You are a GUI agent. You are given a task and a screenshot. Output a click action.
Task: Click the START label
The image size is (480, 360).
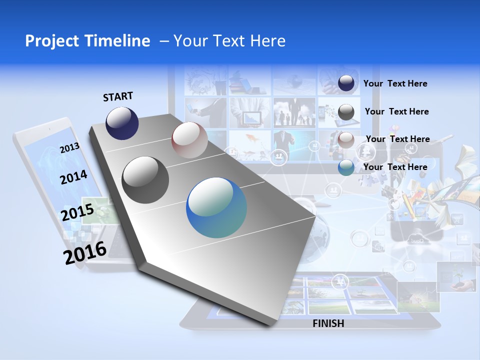click(118, 96)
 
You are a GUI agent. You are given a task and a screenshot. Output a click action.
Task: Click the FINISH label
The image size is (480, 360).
click(328, 323)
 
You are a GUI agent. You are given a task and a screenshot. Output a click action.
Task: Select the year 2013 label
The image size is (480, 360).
click(69, 147)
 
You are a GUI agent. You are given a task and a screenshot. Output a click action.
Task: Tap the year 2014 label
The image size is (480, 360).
click(73, 177)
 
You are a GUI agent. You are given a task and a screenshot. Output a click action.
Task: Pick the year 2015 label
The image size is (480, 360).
click(77, 212)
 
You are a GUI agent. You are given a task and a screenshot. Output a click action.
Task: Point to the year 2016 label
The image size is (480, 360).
click(85, 252)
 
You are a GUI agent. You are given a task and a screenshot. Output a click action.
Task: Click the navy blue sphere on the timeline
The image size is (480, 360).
click(122, 123)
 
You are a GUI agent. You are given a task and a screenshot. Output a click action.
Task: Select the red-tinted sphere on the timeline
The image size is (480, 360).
click(189, 140)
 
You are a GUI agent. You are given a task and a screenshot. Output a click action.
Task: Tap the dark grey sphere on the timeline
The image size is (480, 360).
click(145, 180)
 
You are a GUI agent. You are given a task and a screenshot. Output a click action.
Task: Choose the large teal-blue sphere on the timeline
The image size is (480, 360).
click(216, 207)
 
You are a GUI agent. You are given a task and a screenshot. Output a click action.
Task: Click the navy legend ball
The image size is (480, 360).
click(346, 83)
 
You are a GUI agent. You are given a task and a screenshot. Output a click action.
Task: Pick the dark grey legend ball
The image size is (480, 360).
click(346, 112)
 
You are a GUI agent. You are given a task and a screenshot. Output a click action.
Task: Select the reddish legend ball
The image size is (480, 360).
click(346, 139)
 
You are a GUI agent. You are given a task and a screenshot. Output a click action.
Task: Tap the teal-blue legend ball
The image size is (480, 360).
click(346, 167)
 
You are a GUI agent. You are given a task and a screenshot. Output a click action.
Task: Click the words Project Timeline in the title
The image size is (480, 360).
click(87, 41)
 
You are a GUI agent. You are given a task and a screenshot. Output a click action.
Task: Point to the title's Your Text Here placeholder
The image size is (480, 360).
click(229, 41)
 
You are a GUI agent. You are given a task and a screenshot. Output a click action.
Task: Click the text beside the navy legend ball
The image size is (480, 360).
click(395, 83)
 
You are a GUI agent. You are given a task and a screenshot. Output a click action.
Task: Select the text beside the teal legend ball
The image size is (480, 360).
click(395, 167)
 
